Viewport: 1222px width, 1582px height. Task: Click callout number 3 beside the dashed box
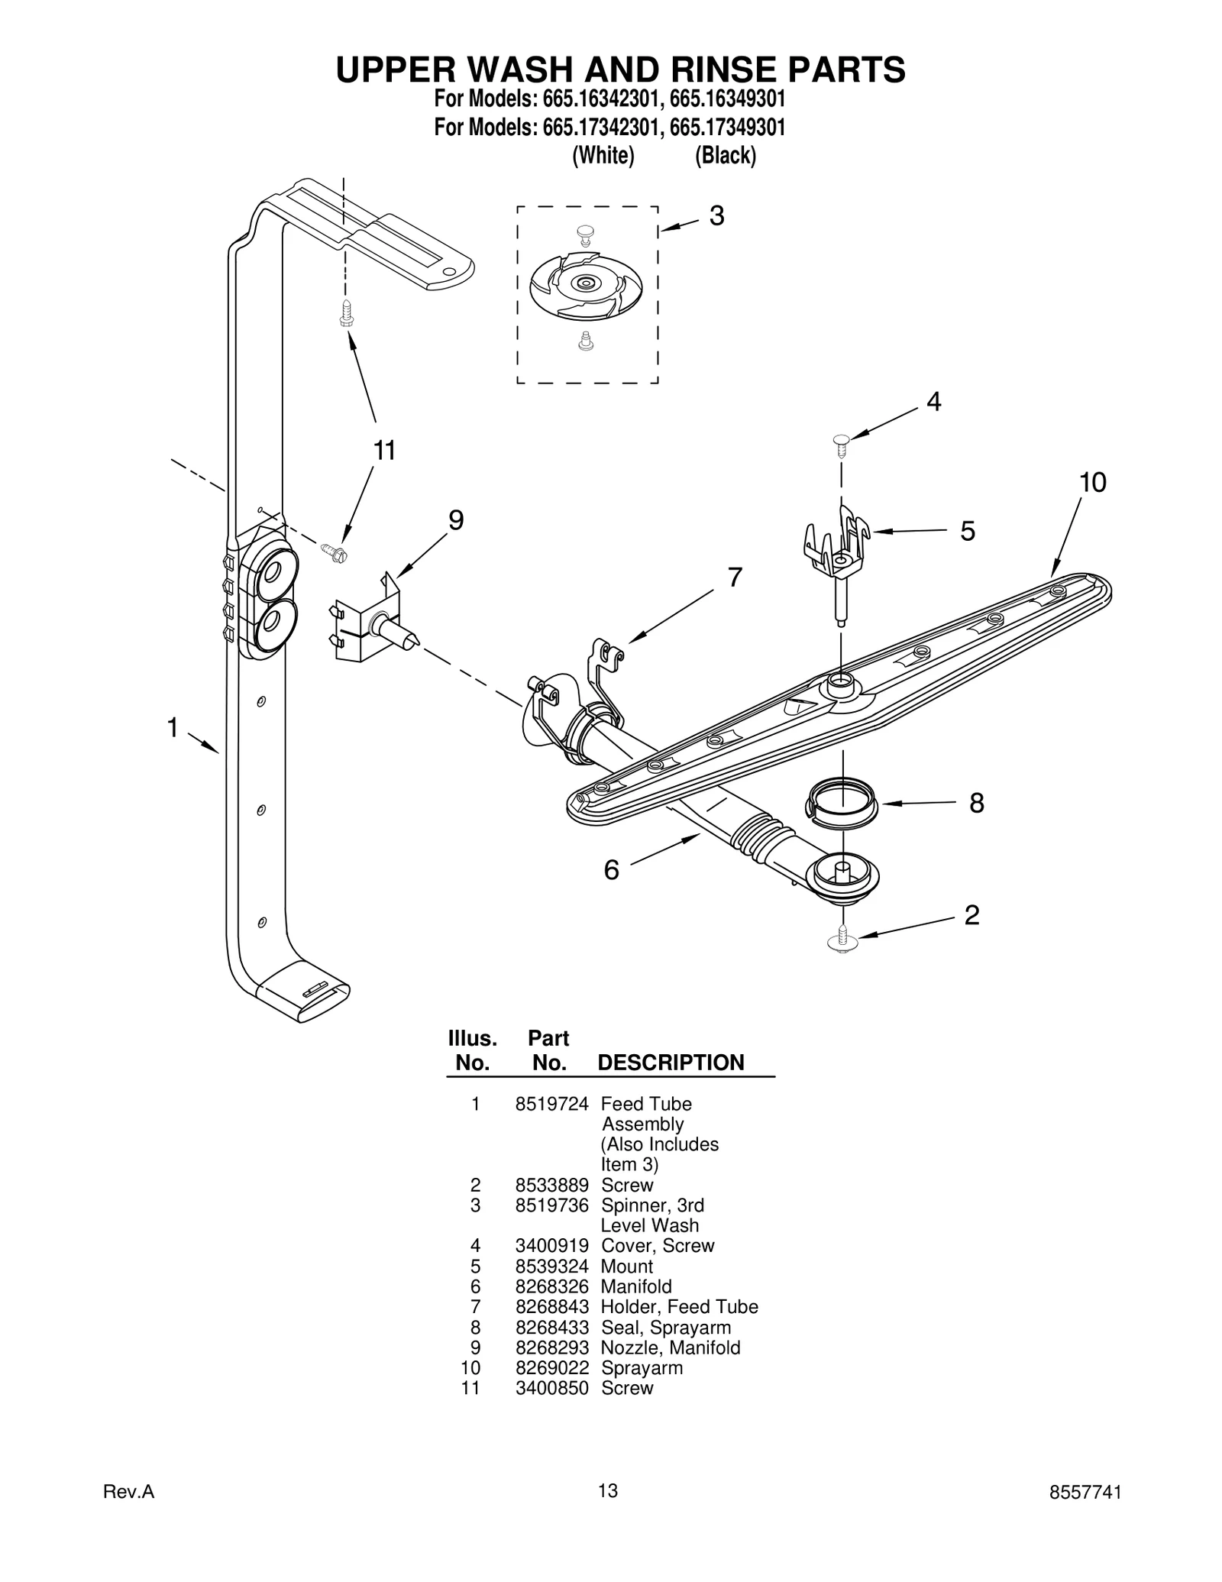(x=716, y=216)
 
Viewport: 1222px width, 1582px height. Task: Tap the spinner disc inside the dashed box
(x=586, y=284)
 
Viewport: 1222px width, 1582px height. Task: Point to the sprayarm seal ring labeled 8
(x=841, y=803)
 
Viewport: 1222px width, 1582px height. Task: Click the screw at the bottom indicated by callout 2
(x=842, y=939)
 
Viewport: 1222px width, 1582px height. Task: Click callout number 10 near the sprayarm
(x=1092, y=483)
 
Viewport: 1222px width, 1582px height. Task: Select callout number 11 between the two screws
(x=384, y=451)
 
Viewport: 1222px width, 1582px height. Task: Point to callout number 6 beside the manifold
(x=611, y=870)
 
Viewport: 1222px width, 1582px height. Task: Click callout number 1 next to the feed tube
(x=173, y=728)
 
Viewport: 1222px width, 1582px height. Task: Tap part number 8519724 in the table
(x=551, y=1104)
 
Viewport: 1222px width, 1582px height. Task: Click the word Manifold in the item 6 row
(x=636, y=1287)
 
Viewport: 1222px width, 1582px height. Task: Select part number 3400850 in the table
(x=551, y=1388)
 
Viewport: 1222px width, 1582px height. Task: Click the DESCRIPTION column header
(x=671, y=1063)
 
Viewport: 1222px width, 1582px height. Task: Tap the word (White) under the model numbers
(x=603, y=156)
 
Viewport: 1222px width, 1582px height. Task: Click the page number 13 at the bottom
(x=608, y=1512)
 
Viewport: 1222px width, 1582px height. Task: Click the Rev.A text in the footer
(x=129, y=1514)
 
